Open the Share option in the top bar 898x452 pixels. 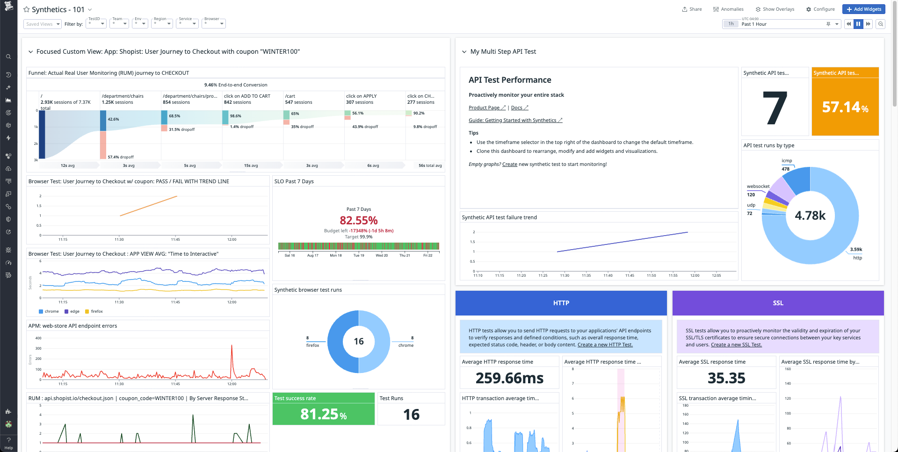tap(692, 9)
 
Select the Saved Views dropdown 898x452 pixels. tap(42, 24)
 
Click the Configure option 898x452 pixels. tap(820, 9)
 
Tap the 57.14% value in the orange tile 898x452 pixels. tap(845, 108)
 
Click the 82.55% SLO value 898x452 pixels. tap(358, 220)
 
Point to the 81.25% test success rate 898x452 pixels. tap(323, 414)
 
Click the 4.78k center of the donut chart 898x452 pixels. tap(810, 215)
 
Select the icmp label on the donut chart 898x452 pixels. tap(787, 161)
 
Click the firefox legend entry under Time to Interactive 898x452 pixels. tap(96, 311)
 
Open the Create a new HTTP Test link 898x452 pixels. tap(605, 345)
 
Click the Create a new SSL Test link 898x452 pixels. tap(736, 345)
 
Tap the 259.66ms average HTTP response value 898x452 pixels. tap(509, 378)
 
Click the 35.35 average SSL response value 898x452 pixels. tap(726, 378)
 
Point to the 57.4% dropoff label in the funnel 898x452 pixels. tap(120, 157)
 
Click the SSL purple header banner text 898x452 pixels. tap(778, 303)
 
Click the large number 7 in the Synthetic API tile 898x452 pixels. tap(775, 108)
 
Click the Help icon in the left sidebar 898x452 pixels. tap(8, 443)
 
